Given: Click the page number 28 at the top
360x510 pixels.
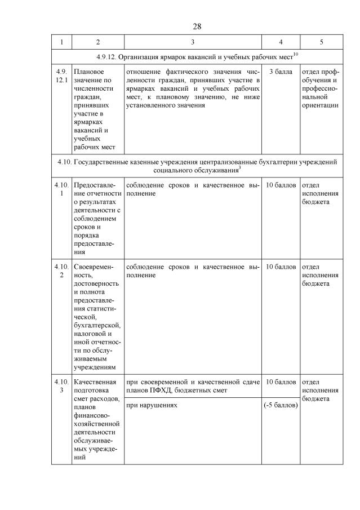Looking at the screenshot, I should pyautogui.click(x=197, y=26).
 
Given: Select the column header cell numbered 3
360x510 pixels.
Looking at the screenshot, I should pyautogui.click(x=193, y=42).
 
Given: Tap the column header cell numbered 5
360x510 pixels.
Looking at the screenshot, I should pyautogui.click(x=321, y=42).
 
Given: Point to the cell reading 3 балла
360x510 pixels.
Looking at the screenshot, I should pyautogui.click(x=281, y=72).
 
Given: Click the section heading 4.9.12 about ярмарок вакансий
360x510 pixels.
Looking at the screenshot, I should pyautogui.click(x=197, y=56).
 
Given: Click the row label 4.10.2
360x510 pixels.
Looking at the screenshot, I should pyautogui.click(x=61, y=270).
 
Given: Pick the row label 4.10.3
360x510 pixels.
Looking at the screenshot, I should pyautogui.click(x=61, y=386).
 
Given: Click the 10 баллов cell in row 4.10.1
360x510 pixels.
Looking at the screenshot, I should pyautogui.click(x=281, y=185).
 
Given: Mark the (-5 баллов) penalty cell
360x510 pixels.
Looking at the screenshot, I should pyautogui.click(x=281, y=405).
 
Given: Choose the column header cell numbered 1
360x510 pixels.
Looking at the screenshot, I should pyautogui.click(x=61, y=42).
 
